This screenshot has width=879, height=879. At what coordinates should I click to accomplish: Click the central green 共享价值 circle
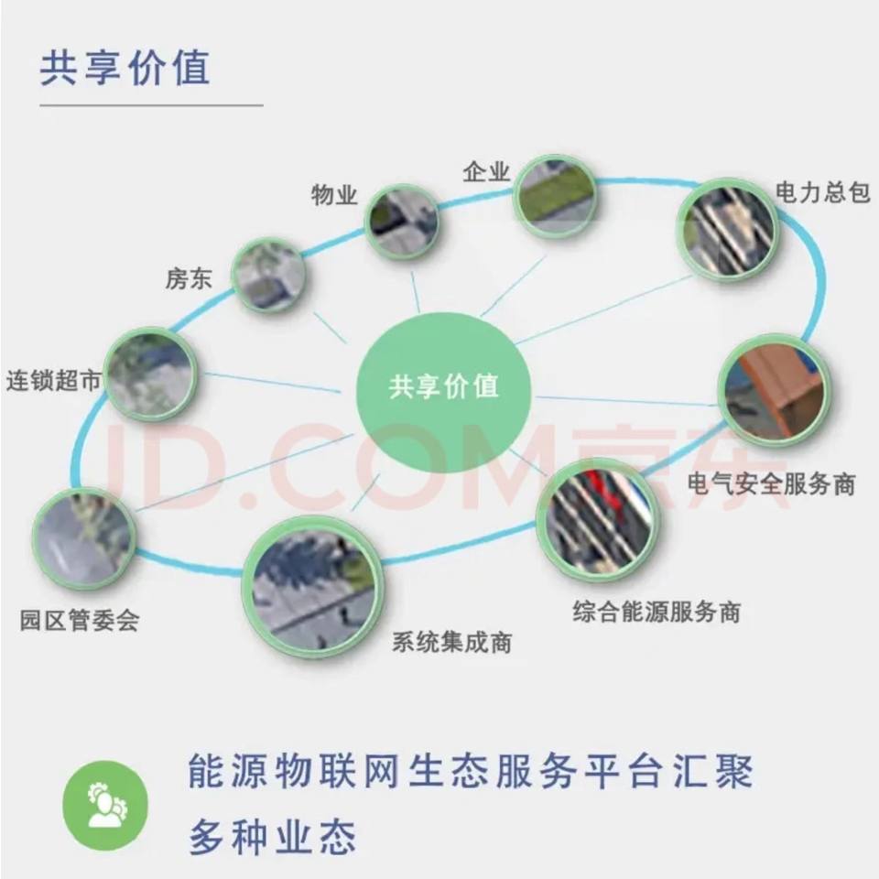click(x=444, y=385)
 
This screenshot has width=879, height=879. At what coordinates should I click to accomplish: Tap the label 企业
click(x=486, y=172)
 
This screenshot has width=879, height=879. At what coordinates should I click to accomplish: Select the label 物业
click(x=334, y=195)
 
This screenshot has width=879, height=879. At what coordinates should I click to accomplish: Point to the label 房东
click(x=189, y=278)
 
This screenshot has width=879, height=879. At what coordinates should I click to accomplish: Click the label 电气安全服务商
click(x=771, y=483)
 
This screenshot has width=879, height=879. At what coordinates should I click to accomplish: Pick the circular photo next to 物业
click(x=402, y=221)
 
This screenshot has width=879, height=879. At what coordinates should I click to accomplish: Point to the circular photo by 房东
click(x=268, y=275)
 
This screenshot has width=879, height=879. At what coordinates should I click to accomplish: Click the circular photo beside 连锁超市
click(x=151, y=374)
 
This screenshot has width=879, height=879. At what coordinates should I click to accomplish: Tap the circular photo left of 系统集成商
click(x=312, y=587)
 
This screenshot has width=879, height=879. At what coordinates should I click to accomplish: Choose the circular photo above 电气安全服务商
click(x=774, y=390)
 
